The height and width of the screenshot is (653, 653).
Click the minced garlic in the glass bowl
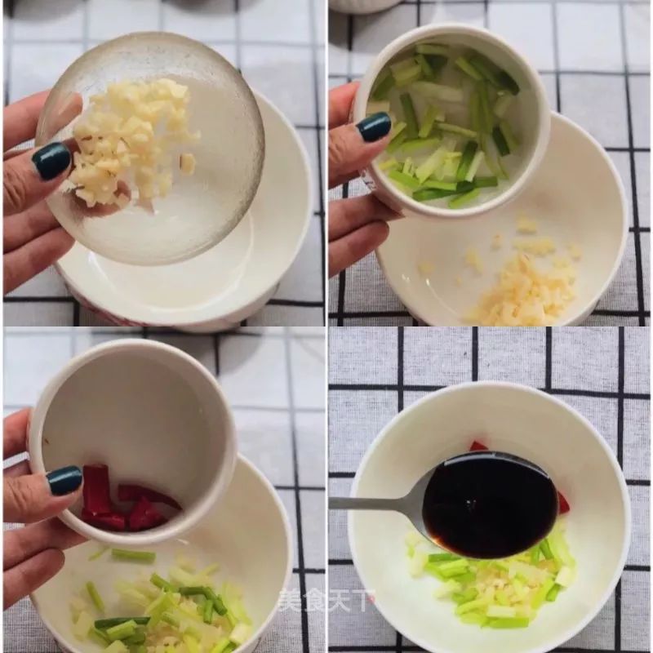coord(131,139)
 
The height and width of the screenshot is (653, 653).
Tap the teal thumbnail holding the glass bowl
coord(51,161)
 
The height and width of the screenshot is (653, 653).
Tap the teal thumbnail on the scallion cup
coord(375,127)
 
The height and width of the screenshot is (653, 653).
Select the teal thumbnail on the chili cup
coord(64,480)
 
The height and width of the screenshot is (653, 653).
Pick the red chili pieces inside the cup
coord(122,502)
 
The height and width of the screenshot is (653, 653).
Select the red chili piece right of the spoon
coord(563,503)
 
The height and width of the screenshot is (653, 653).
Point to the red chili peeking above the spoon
coord(478,446)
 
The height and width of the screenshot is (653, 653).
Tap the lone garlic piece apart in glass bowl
coord(188,163)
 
